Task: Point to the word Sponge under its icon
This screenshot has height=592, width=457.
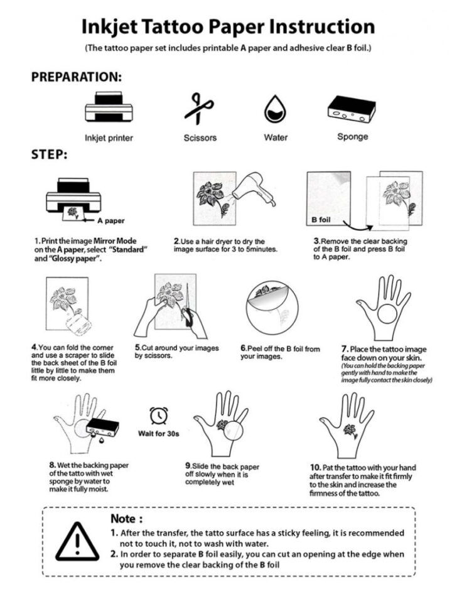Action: (x=352, y=136)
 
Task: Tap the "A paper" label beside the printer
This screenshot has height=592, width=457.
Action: (x=111, y=222)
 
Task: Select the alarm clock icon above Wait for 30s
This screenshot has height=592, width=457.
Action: (x=158, y=415)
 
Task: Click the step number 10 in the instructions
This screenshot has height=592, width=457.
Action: (x=315, y=468)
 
